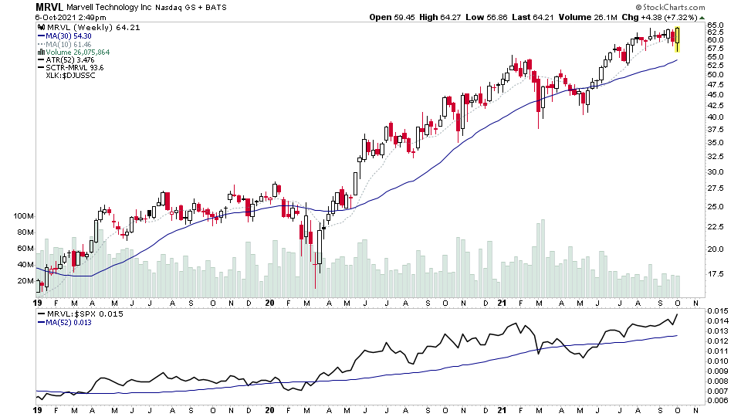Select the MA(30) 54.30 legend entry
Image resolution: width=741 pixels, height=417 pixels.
click(x=69, y=36)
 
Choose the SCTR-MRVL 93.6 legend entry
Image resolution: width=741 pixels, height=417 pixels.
click(x=74, y=68)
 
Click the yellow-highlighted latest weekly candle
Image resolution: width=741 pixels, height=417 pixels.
click(x=677, y=39)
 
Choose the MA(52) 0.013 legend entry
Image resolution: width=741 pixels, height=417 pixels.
click(x=74, y=323)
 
